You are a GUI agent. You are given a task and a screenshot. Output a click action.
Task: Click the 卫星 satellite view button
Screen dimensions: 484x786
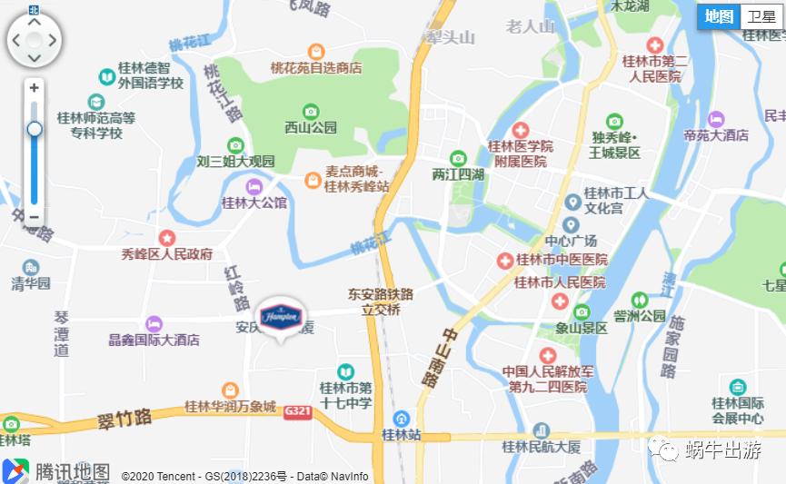(761, 16)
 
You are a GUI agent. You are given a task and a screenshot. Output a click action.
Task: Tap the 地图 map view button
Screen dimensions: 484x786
(719, 16)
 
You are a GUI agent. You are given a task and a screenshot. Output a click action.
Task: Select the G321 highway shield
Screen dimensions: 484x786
(296, 410)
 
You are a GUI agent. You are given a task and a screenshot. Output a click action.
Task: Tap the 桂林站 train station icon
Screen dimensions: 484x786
(402, 418)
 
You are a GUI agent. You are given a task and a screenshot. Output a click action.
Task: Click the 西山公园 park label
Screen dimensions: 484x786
(311, 128)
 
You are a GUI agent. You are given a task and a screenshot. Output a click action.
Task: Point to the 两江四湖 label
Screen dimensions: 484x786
(458, 174)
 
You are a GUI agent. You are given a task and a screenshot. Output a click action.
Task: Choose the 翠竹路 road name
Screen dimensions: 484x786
(124, 419)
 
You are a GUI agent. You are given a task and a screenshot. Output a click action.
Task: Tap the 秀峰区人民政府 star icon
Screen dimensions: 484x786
(167, 238)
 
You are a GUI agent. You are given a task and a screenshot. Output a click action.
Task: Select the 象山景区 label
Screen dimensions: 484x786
(582, 328)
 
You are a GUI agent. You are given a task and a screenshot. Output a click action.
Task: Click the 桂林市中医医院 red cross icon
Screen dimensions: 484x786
(504, 261)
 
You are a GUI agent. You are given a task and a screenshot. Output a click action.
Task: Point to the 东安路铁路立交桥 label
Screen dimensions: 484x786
(381, 301)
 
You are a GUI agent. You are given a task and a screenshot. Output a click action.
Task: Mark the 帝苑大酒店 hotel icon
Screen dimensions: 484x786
(717, 119)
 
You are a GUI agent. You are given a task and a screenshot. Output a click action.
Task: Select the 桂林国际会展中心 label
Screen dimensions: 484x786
(737, 410)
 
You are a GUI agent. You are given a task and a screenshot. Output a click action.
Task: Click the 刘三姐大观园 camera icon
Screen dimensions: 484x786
(235, 145)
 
